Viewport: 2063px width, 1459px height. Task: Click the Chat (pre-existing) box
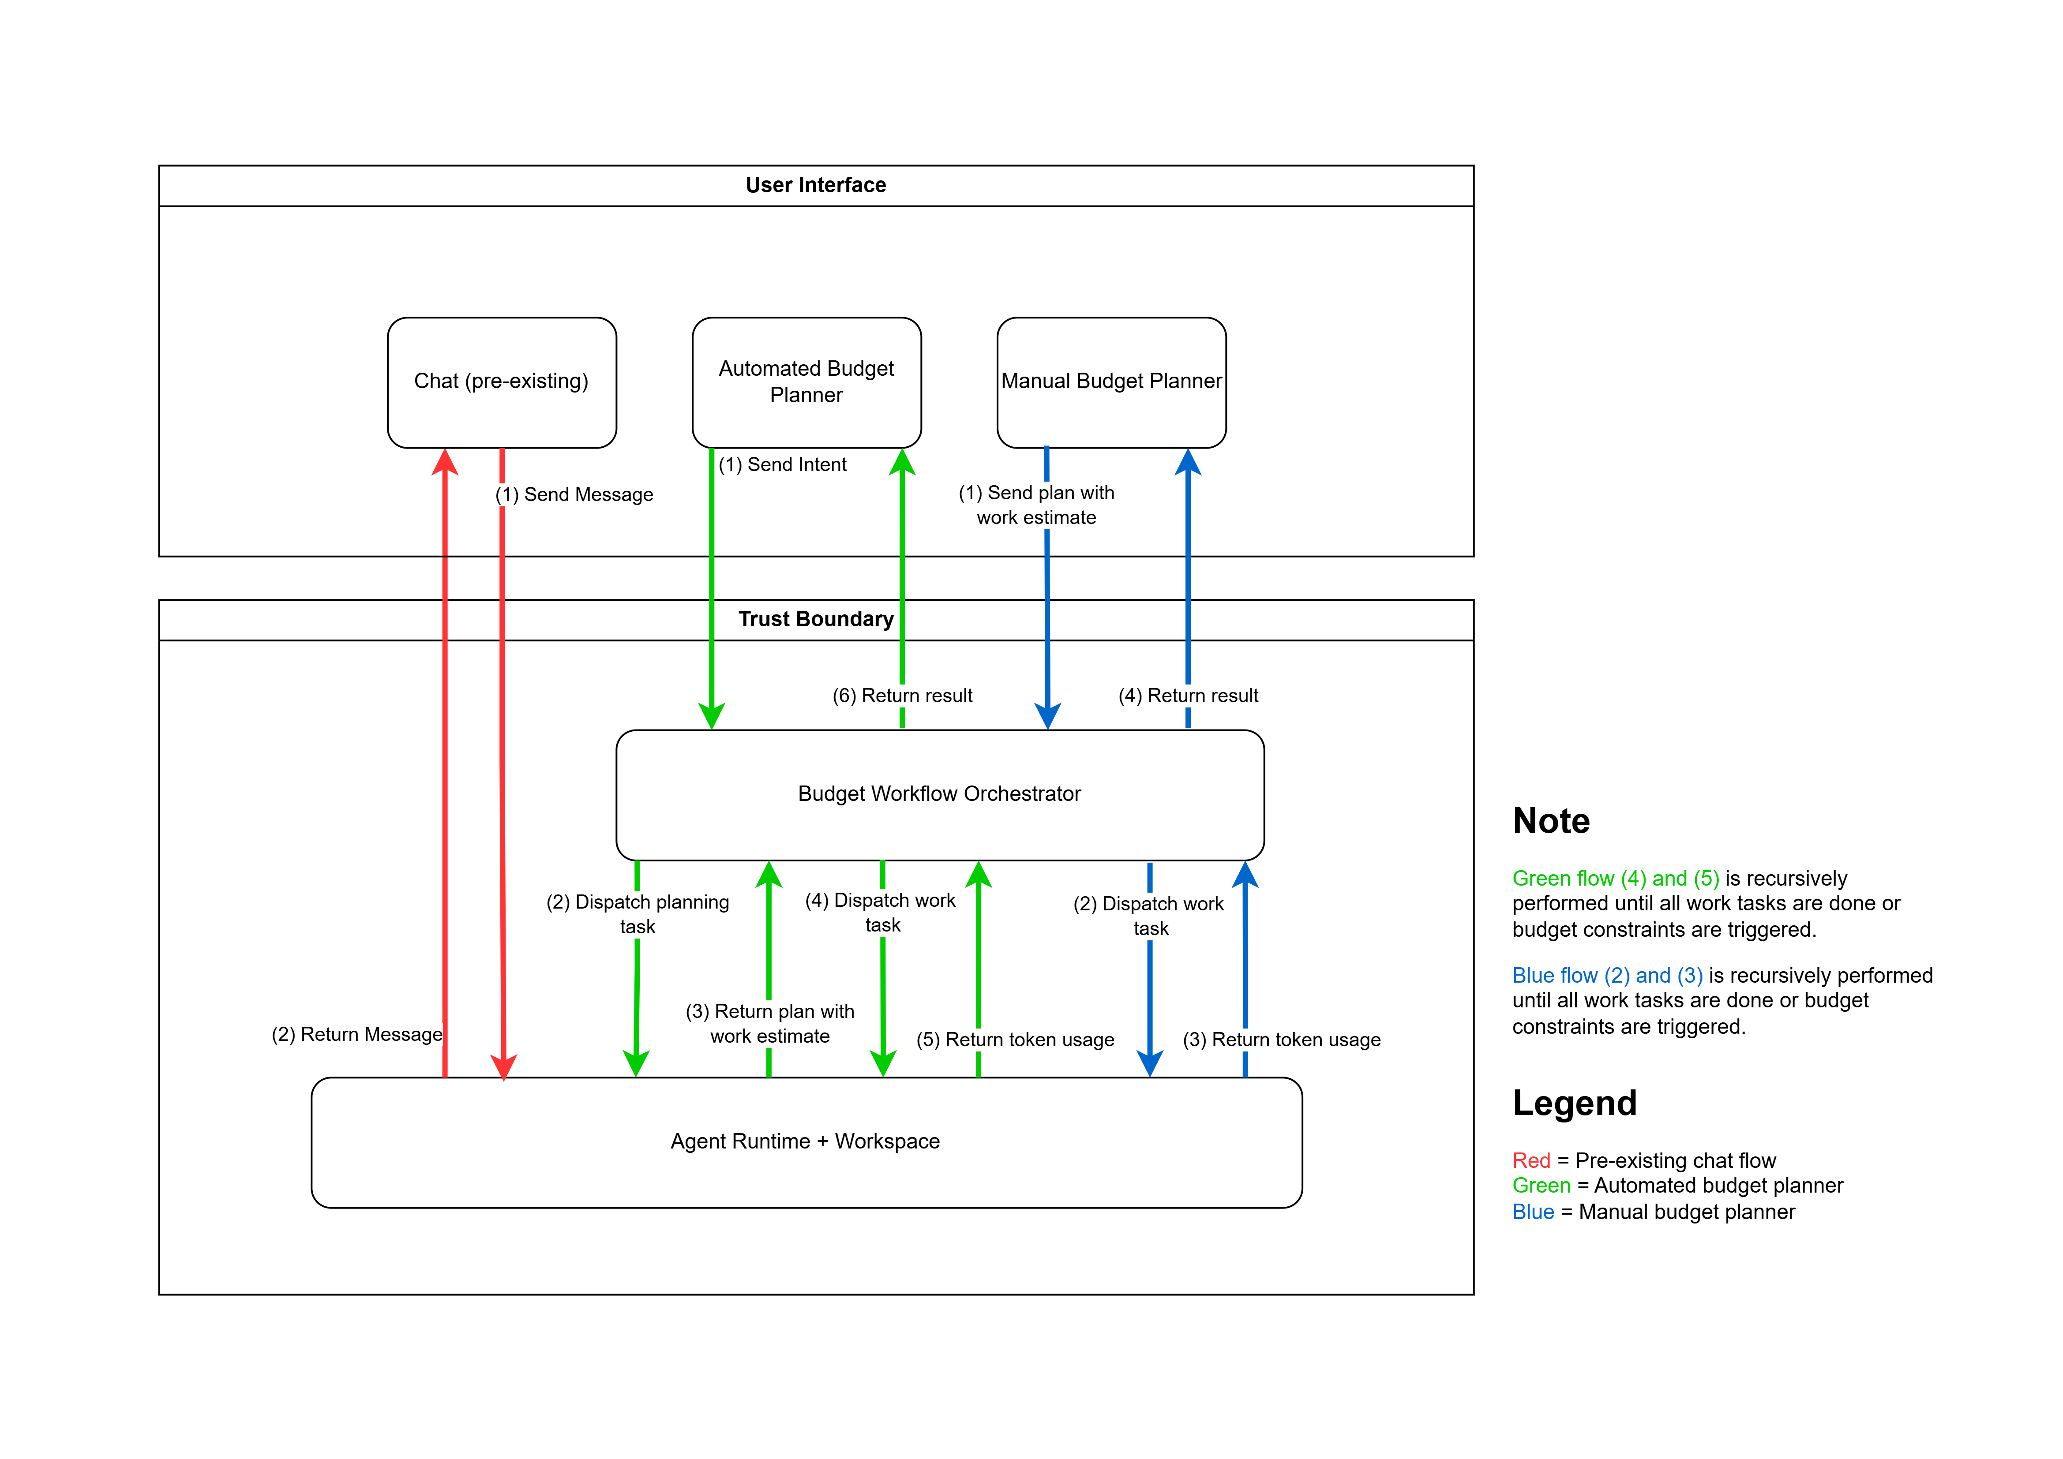tap(501, 383)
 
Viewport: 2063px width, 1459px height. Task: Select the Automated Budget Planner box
tap(807, 383)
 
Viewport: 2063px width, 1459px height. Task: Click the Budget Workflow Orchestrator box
tap(940, 795)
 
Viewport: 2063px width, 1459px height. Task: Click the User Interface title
tap(816, 185)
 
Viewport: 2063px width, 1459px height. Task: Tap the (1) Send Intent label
tap(783, 464)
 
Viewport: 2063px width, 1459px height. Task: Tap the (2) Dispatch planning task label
tap(638, 915)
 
